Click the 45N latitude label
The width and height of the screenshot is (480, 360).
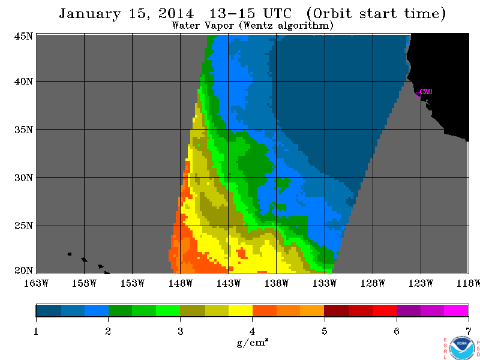(23, 36)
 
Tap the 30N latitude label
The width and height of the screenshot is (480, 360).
(23, 178)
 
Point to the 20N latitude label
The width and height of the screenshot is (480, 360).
(23, 271)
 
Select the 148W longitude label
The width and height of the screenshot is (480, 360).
(181, 283)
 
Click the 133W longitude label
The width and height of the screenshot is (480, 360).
(325, 283)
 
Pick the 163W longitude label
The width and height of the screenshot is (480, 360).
(36, 283)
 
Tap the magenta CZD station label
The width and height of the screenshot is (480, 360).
(426, 92)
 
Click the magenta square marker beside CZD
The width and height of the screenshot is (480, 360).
(418, 94)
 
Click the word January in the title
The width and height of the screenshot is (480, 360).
(89, 14)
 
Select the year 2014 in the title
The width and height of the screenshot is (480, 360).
(176, 13)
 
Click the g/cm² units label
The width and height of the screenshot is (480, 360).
(253, 343)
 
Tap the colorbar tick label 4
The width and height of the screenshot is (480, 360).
(252, 331)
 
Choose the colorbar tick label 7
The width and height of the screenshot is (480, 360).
(469, 331)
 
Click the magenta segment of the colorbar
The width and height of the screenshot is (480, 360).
(456, 310)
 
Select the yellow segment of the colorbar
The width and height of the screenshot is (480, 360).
(241, 310)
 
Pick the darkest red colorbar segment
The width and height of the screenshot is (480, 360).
(337, 310)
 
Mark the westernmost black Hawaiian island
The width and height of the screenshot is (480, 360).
(69, 254)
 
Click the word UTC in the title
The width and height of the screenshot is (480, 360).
(278, 13)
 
